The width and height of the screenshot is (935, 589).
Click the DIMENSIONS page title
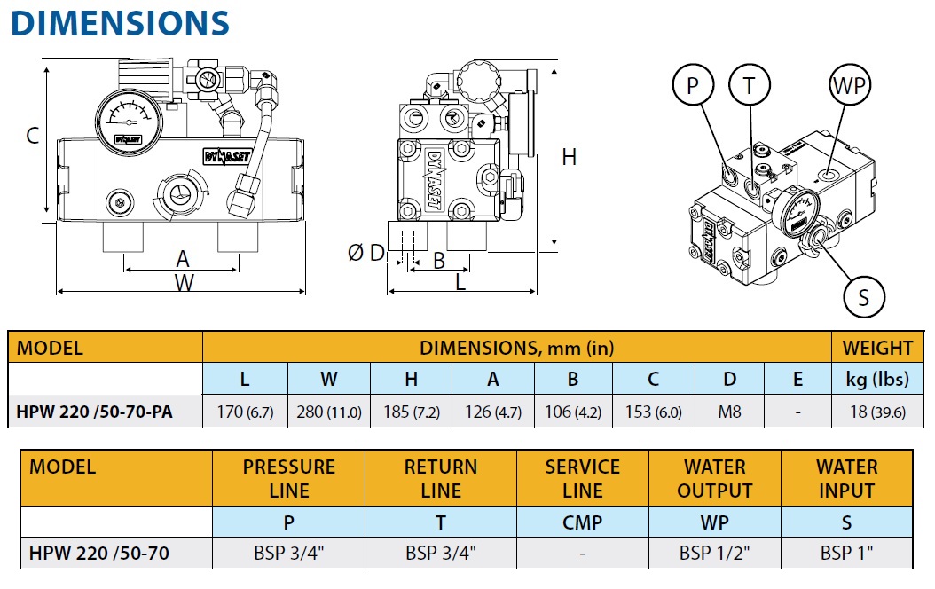[120, 23]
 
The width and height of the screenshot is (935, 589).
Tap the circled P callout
[693, 86]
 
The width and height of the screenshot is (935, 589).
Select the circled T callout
[750, 86]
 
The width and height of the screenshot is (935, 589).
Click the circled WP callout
[849, 86]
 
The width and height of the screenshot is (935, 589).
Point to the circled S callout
[864, 296]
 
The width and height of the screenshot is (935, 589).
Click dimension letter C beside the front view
[32, 136]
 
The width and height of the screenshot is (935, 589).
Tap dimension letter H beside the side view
[570, 157]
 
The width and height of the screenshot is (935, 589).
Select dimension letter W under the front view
[184, 283]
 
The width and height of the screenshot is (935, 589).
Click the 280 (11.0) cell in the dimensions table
[328, 411]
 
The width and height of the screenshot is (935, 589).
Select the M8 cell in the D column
[729, 411]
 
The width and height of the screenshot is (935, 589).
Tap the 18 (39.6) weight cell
[876, 411]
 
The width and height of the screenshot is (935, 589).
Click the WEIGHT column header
[876, 348]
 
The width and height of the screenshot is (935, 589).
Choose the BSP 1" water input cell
[847, 554]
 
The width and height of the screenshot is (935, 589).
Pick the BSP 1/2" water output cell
[715, 554]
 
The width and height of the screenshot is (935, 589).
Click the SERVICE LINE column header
[582, 478]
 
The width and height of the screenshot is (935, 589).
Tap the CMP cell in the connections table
[582, 522]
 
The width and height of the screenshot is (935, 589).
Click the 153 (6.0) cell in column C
[653, 411]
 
